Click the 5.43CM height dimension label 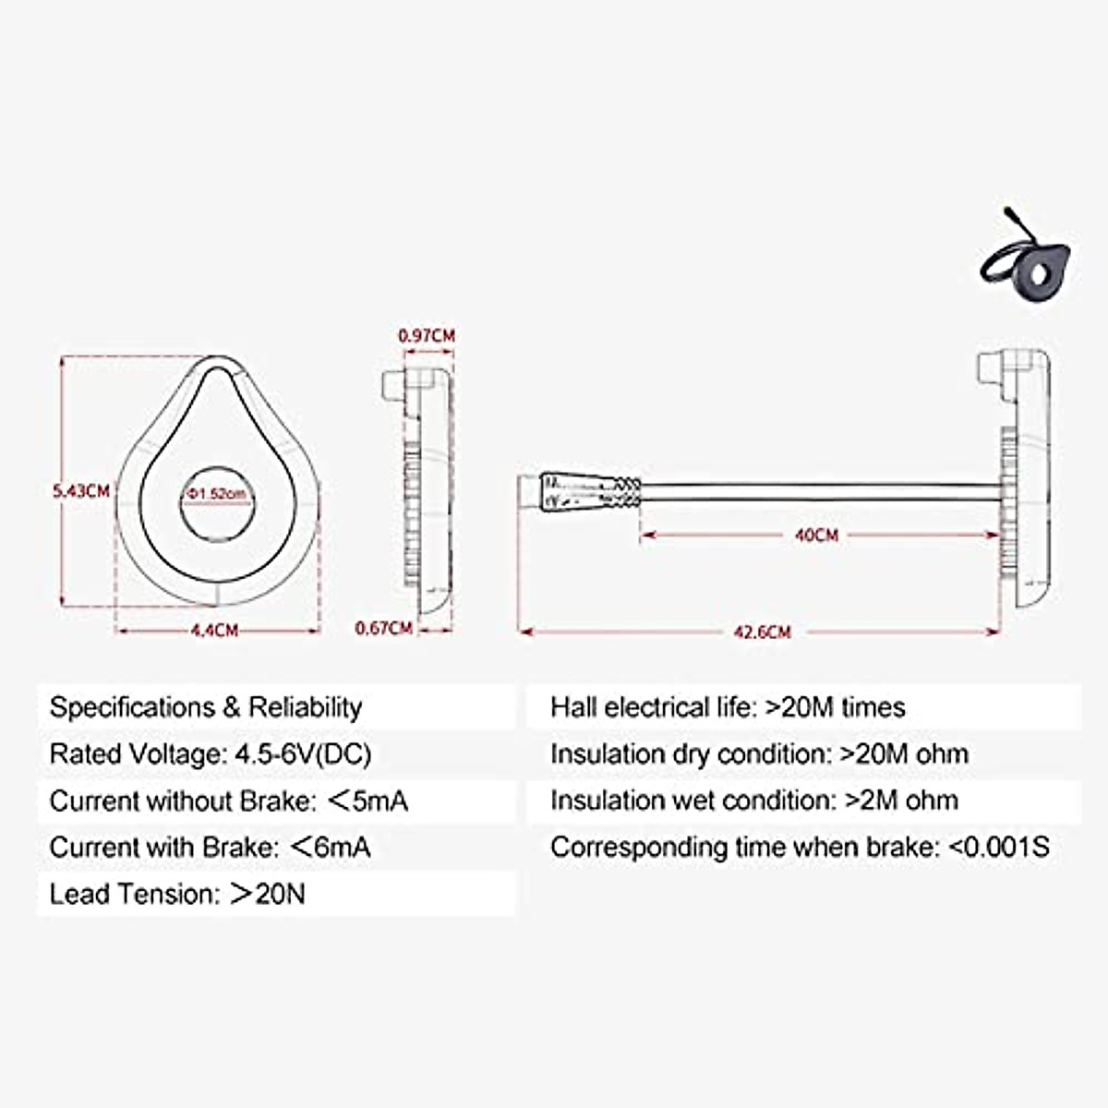click(81, 490)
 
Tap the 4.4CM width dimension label click(214, 631)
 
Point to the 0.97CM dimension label click(427, 335)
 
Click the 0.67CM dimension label click(384, 629)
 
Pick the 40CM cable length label click(816, 535)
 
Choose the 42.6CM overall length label click(762, 632)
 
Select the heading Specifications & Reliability click(206, 707)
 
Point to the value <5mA click(367, 801)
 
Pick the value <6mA click(331, 848)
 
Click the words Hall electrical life click(651, 707)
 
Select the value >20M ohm click(904, 754)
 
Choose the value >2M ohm click(902, 801)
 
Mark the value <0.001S click(999, 848)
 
